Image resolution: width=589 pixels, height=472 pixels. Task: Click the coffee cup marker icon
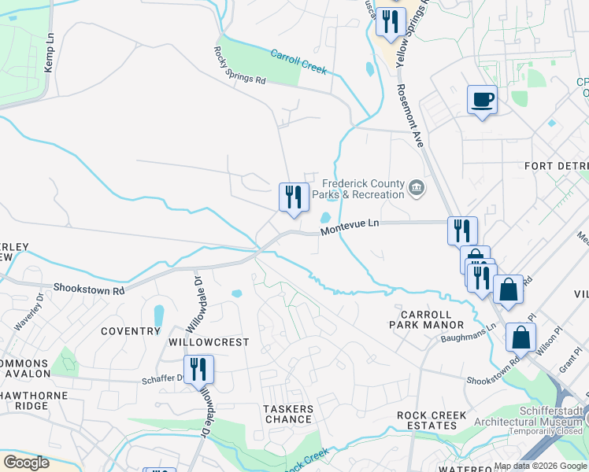(483, 100)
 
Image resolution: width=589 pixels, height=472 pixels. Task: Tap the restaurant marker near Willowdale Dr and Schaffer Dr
(198, 368)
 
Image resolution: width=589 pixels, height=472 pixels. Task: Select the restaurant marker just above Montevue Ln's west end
(294, 197)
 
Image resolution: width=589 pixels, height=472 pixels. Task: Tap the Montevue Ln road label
(350, 226)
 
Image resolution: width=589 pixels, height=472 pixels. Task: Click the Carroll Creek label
(298, 62)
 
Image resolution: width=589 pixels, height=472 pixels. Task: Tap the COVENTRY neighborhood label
(131, 331)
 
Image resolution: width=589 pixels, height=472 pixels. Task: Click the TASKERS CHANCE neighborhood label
(288, 414)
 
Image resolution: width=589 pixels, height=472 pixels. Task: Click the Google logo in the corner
(27, 463)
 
